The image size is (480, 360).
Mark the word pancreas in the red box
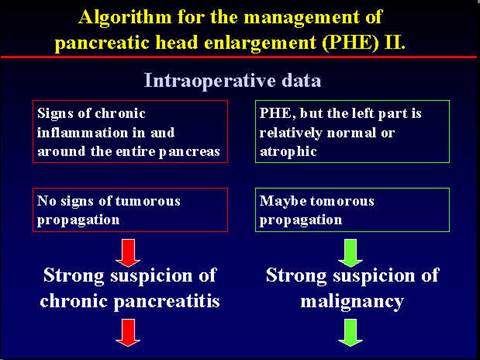(190, 150)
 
